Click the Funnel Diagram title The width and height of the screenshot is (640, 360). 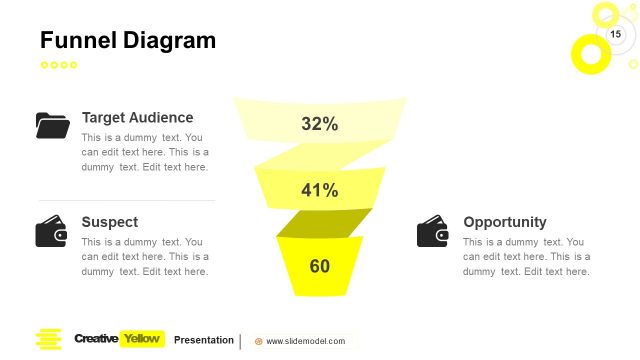pos(127,40)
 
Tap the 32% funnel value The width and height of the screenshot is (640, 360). pos(319,124)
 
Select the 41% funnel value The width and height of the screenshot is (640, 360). pos(319,190)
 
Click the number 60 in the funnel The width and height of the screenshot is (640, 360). pos(319,266)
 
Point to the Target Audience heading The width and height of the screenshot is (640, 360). pos(137,117)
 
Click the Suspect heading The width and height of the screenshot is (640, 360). pos(110,221)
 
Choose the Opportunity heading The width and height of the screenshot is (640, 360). pos(504,221)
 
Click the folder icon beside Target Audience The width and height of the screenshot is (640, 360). pos(52,125)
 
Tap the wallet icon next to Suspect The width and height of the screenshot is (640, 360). pos(52,231)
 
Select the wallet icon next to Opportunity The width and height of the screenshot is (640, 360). pos(433,231)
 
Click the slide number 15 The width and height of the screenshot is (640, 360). pos(615,35)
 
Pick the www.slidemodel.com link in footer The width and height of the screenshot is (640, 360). pos(305,341)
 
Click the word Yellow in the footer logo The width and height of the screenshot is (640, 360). pos(141,339)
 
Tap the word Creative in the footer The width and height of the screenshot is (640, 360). pos(96,339)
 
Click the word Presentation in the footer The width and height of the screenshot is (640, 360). pos(203,340)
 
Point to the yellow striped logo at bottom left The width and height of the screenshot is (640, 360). pos(48,339)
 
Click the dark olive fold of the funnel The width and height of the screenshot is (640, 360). pos(323,223)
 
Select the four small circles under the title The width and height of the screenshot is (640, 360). pos(58,65)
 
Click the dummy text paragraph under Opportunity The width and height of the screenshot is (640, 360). pos(526,256)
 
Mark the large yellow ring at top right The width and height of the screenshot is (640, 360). pos(590,53)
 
